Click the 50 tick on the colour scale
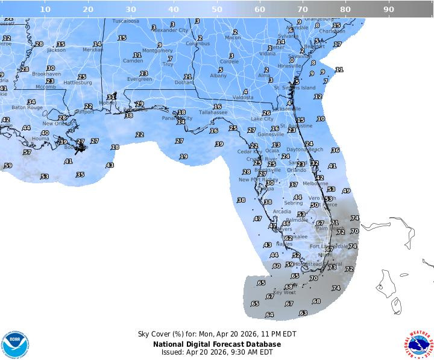(x=216, y=9)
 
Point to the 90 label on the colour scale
(x=389, y=9)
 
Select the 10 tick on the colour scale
(x=45, y=9)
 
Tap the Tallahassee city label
(x=213, y=112)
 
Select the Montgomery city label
(x=157, y=51)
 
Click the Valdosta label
(x=243, y=97)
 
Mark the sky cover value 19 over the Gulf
(x=183, y=156)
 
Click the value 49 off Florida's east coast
(x=346, y=191)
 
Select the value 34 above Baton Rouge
(x=31, y=102)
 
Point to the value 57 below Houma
(x=27, y=152)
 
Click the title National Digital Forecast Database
(x=216, y=344)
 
